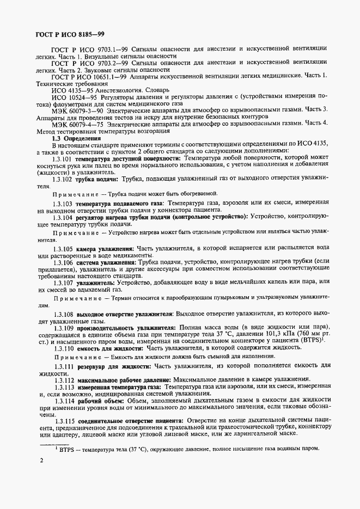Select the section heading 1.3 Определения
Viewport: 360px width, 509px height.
tap(70, 138)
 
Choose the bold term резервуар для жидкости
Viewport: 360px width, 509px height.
tap(113, 366)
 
